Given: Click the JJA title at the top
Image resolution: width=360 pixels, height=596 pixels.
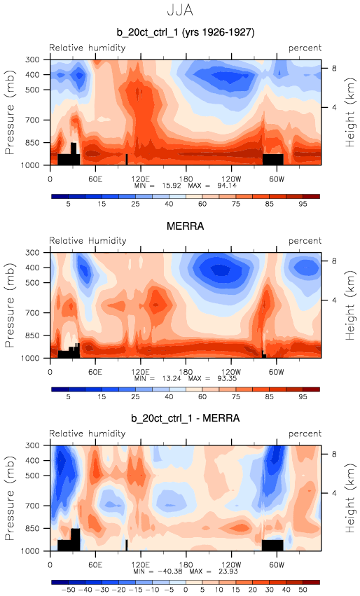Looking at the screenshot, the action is click(x=180, y=10).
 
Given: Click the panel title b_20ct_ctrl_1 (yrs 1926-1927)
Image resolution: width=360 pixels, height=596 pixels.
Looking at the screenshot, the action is click(x=186, y=32).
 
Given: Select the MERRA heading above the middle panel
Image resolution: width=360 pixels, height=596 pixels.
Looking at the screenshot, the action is click(x=185, y=226).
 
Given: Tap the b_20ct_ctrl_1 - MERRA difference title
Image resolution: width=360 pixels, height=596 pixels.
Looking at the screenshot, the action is click(x=186, y=419).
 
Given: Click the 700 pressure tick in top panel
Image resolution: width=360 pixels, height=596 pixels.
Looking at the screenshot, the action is click(x=32, y=120).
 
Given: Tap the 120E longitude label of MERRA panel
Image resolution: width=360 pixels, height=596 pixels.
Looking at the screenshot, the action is click(x=140, y=372).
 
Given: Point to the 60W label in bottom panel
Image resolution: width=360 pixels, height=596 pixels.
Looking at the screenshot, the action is click(x=277, y=564).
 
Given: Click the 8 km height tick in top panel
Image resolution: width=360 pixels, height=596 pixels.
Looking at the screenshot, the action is click(x=334, y=69).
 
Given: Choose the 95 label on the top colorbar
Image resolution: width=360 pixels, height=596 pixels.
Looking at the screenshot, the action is click(x=303, y=204).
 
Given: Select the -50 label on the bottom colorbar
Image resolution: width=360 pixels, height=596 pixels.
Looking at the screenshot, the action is click(x=61, y=590).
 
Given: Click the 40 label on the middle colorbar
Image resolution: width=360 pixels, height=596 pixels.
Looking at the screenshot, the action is click(x=169, y=397).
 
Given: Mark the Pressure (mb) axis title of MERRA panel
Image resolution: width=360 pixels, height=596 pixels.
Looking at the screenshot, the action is click(x=10, y=305).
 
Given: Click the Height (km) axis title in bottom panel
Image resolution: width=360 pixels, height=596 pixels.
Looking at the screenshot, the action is click(x=350, y=498).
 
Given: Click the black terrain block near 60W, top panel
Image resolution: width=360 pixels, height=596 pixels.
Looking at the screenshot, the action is click(x=273, y=159).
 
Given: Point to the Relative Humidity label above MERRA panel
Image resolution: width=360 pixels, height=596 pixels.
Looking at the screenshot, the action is click(x=88, y=241).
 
